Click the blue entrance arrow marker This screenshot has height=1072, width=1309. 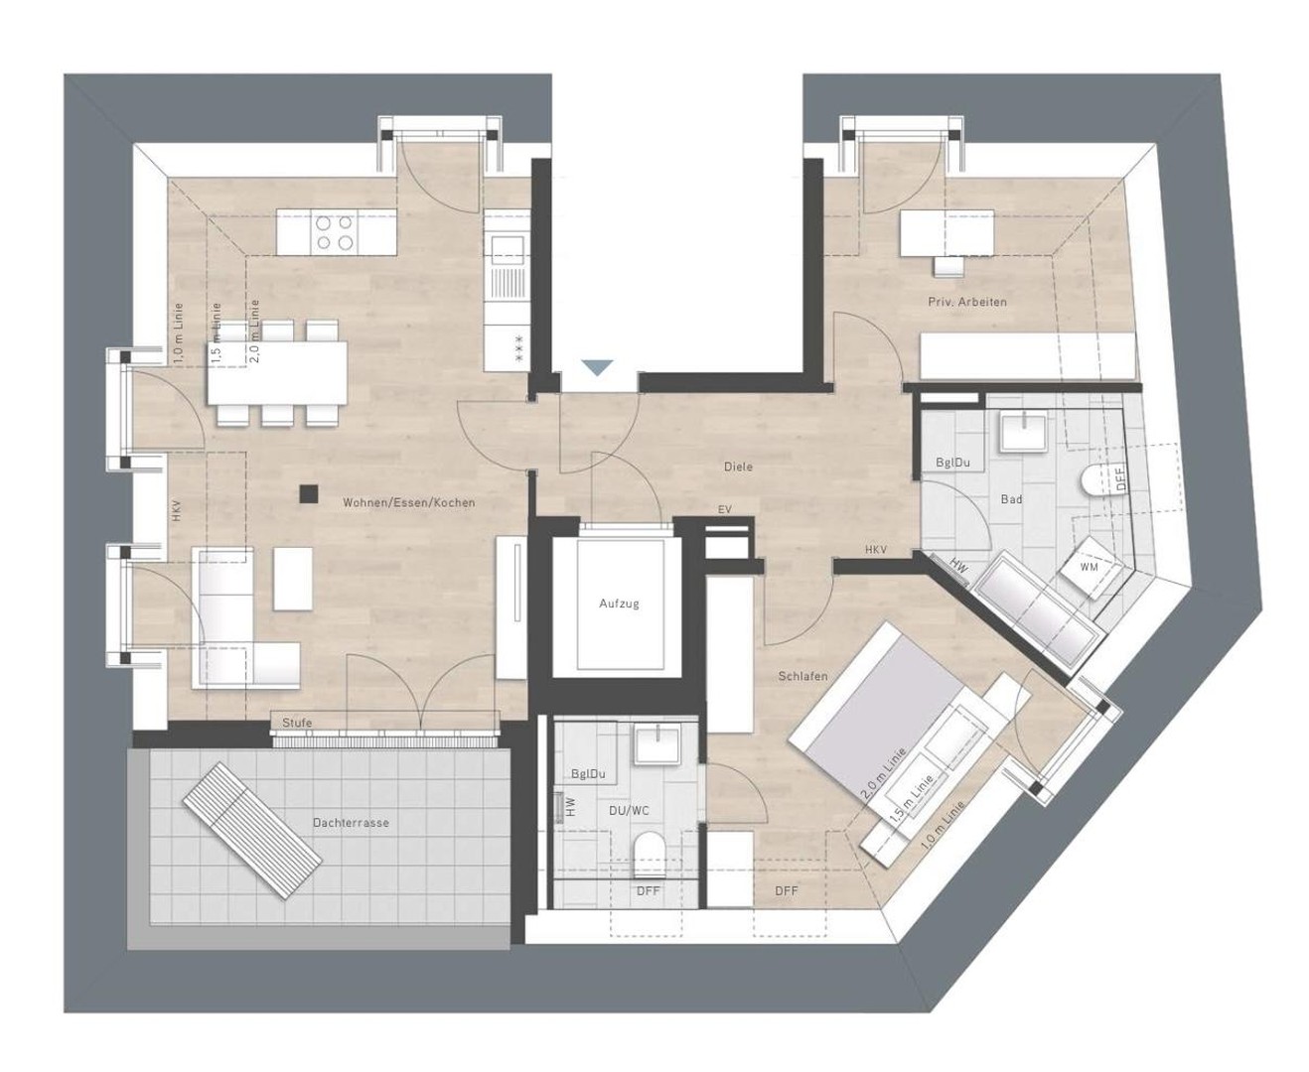tap(595, 367)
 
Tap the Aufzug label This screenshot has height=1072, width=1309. tap(618, 603)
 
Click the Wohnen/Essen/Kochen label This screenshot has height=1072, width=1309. tap(408, 503)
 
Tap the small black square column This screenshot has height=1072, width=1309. tap(310, 490)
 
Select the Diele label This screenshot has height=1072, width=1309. tap(738, 467)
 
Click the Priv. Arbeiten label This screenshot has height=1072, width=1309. tap(967, 302)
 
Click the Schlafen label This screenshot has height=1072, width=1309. tap(802, 676)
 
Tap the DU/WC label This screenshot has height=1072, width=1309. tap(629, 811)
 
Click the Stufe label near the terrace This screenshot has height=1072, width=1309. tap(297, 723)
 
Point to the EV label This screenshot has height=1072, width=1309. tap(724, 510)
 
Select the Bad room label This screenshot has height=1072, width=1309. tap(1011, 499)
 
